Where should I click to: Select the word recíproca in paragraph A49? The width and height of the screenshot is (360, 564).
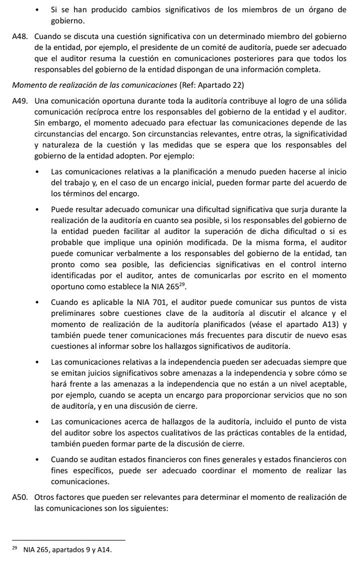click(x=124, y=111)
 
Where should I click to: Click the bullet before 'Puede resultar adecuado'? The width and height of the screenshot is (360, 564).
click(x=38, y=209)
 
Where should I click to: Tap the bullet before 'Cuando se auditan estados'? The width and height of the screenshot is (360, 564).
click(x=38, y=459)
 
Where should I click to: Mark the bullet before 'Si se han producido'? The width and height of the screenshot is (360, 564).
click(x=38, y=9)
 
